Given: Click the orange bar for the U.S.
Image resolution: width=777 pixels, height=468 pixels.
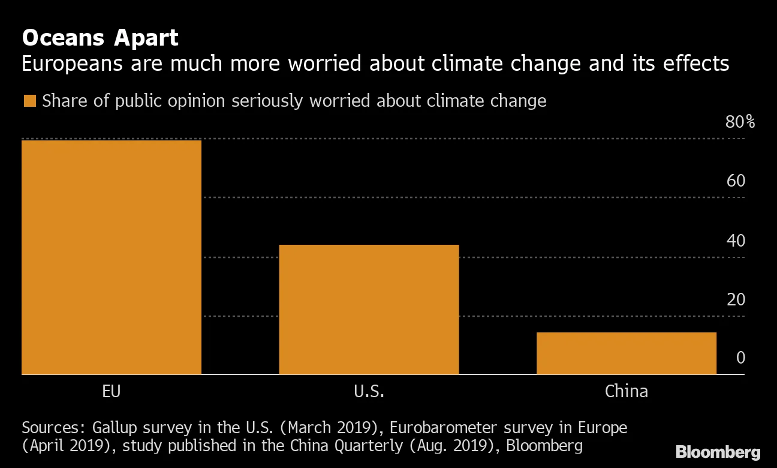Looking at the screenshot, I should coord(369,309).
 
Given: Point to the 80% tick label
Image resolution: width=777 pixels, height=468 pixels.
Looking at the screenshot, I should coord(740,122).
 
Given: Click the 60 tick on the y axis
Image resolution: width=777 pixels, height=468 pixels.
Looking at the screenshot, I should coord(736,181).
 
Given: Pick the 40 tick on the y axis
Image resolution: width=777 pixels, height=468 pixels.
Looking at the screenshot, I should coord(736,241).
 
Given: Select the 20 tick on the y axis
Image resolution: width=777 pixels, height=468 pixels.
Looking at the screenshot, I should coord(736,299).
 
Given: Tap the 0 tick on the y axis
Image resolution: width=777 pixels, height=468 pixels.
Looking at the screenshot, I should coord(740,358).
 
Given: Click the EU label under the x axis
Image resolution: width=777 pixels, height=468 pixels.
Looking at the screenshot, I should coord(112,392).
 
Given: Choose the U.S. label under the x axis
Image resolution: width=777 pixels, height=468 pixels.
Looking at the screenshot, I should coord(369,392).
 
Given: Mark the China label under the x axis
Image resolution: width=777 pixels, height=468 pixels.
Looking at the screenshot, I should coord(626,392).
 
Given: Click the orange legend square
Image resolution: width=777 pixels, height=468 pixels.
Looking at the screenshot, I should coord(29,101).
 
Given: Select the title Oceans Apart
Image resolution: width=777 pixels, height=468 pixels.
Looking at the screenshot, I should coord(100,38).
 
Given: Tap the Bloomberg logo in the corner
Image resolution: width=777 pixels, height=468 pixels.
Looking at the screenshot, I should coord(718,452).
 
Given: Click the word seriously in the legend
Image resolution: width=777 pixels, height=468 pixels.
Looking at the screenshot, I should coord(268,101).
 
